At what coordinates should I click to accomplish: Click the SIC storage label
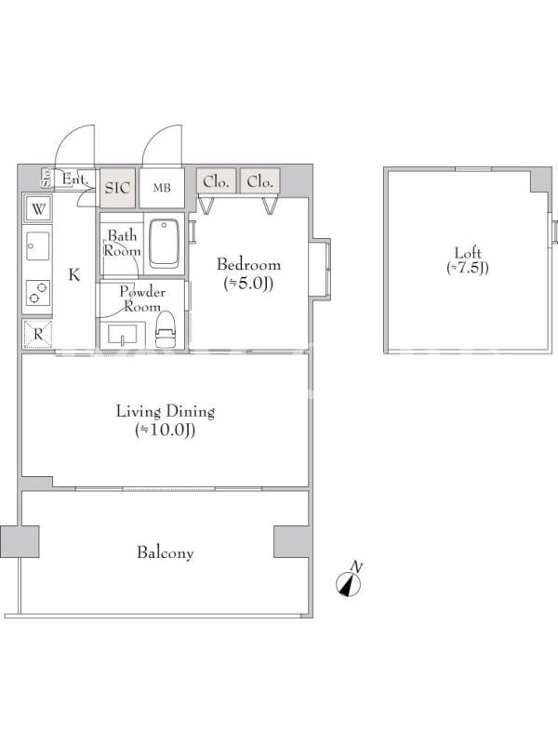point(117,188)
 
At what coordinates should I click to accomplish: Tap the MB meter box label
point(161,189)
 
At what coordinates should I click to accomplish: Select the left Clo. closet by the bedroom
point(217,180)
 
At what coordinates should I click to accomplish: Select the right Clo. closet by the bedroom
point(260,180)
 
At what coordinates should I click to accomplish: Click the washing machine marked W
point(38,208)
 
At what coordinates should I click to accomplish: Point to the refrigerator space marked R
point(38,334)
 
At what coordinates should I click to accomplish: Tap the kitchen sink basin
point(38,246)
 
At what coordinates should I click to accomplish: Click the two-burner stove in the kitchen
point(38,292)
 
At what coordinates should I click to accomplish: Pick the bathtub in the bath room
point(165,244)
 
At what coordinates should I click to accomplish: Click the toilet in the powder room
point(166,329)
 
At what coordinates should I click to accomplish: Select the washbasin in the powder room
point(122,334)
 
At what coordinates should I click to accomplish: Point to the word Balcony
point(166,552)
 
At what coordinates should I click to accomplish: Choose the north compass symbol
point(349,583)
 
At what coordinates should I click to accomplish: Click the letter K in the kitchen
point(74,274)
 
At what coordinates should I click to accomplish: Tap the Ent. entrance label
point(75,179)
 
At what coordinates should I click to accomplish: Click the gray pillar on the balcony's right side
point(291,541)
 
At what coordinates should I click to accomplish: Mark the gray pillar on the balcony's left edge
point(20,541)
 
